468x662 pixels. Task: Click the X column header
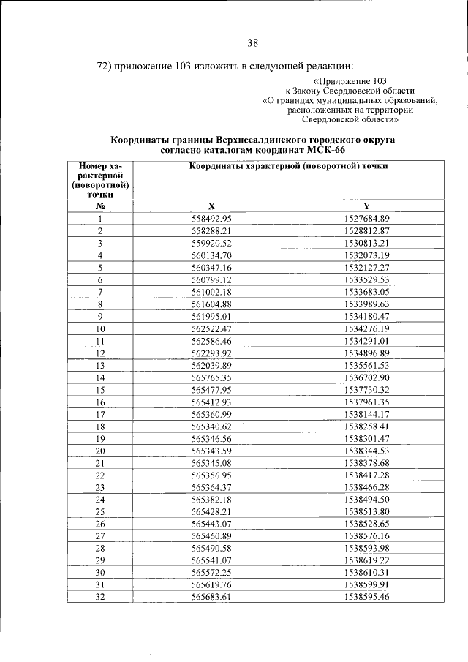click(211, 206)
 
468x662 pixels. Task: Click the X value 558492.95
click(211, 219)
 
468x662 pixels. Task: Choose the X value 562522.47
click(211, 328)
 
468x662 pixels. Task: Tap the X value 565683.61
click(211, 596)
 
